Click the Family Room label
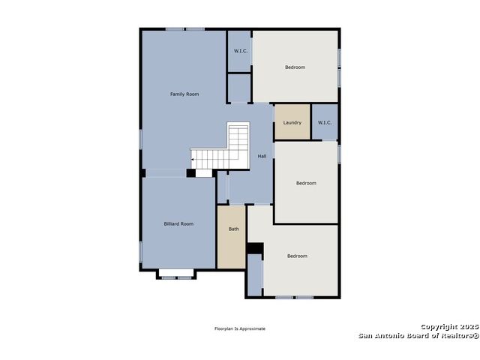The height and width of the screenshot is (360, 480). tap(184, 94)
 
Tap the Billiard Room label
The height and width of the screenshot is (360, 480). tap(178, 224)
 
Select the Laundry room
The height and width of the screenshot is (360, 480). tap(292, 122)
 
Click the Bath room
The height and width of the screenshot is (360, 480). tap(232, 237)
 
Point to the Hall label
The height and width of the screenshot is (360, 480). tap(262, 156)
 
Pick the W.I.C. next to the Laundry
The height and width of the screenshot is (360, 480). tap(325, 122)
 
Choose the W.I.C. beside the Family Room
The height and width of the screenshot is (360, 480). tap(239, 51)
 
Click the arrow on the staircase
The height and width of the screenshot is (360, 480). tap(193, 160)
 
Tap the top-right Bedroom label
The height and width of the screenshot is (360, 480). tap(295, 67)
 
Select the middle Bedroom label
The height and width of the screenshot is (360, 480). tap(306, 183)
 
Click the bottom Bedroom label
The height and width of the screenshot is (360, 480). tap(297, 256)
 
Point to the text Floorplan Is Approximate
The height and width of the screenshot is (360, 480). tap(240, 328)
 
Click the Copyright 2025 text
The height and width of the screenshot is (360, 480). tap(450, 327)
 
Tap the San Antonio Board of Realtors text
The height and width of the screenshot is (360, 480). tap(418, 335)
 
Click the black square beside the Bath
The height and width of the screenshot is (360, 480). tap(255, 248)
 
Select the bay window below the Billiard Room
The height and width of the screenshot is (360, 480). tap(176, 274)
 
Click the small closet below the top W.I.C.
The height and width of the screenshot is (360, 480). tap(239, 88)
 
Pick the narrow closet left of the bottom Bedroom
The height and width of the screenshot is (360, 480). tap(255, 275)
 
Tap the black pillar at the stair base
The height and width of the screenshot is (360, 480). tap(191, 173)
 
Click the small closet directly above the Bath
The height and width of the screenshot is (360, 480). tap(222, 187)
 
